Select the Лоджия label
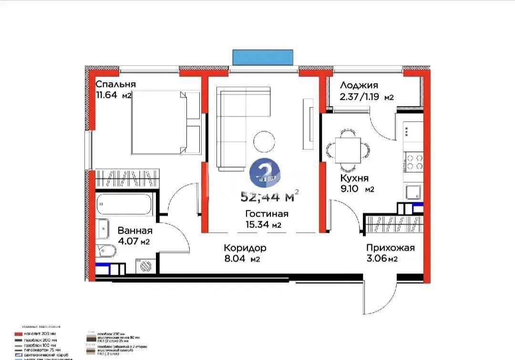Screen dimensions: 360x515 pyautogui.click(x=359, y=85)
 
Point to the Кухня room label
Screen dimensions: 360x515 pyautogui.click(x=354, y=178)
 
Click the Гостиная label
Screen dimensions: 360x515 pyautogui.click(x=267, y=214)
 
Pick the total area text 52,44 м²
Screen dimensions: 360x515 pyautogui.click(x=270, y=196)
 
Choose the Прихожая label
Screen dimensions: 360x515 pyautogui.click(x=390, y=248)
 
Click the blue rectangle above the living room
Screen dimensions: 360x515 pyautogui.click(x=263, y=57)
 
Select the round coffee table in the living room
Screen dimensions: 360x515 pyautogui.click(x=264, y=141)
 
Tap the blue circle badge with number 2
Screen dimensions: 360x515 pyautogui.click(x=264, y=172)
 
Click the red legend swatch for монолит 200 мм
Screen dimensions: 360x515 pyautogui.click(x=19, y=334)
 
